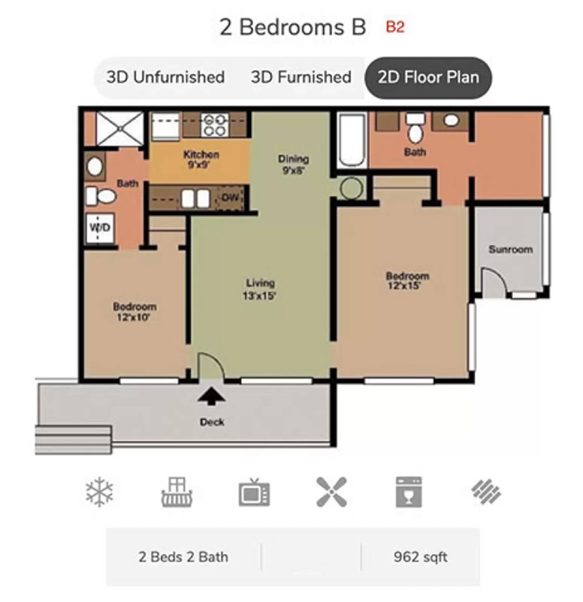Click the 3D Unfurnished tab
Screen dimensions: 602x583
[165, 77]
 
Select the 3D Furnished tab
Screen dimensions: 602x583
[301, 77]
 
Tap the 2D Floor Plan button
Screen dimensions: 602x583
[428, 77]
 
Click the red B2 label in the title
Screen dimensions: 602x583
[395, 27]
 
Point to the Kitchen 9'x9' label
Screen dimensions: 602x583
[201, 159]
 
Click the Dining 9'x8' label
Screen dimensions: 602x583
[293, 164]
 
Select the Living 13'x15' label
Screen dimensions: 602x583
[260, 289]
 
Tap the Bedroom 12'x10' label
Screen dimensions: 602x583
[134, 312]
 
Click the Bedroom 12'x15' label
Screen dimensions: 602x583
[407, 281]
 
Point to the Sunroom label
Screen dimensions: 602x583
[510, 249]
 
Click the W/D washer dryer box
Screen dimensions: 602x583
[100, 227]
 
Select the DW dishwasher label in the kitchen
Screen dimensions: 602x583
[230, 198]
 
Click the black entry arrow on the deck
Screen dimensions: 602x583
[211, 396]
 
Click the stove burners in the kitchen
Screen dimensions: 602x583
[215, 125]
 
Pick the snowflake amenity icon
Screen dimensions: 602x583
[99, 492]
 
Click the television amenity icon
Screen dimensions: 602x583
[254, 492]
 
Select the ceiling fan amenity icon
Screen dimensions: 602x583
[331, 492]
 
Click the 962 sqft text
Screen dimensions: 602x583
[420, 556]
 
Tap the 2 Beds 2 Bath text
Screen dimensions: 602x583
[183, 556]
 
